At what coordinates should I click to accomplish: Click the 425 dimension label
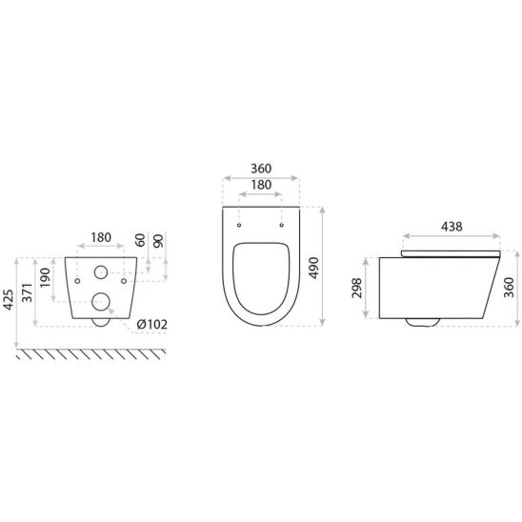click(x=9, y=300)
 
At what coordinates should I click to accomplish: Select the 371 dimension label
click(x=27, y=292)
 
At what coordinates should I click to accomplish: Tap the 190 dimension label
click(x=45, y=277)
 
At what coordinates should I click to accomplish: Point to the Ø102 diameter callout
click(x=152, y=324)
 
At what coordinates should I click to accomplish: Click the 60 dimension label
click(x=140, y=240)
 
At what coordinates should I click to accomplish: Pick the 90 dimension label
click(x=158, y=241)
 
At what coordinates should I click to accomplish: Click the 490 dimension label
click(x=313, y=268)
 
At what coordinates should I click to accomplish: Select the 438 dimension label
click(x=452, y=227)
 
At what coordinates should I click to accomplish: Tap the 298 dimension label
click(x=357, y=288)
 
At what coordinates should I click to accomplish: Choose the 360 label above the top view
click(x=261, y=169)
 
